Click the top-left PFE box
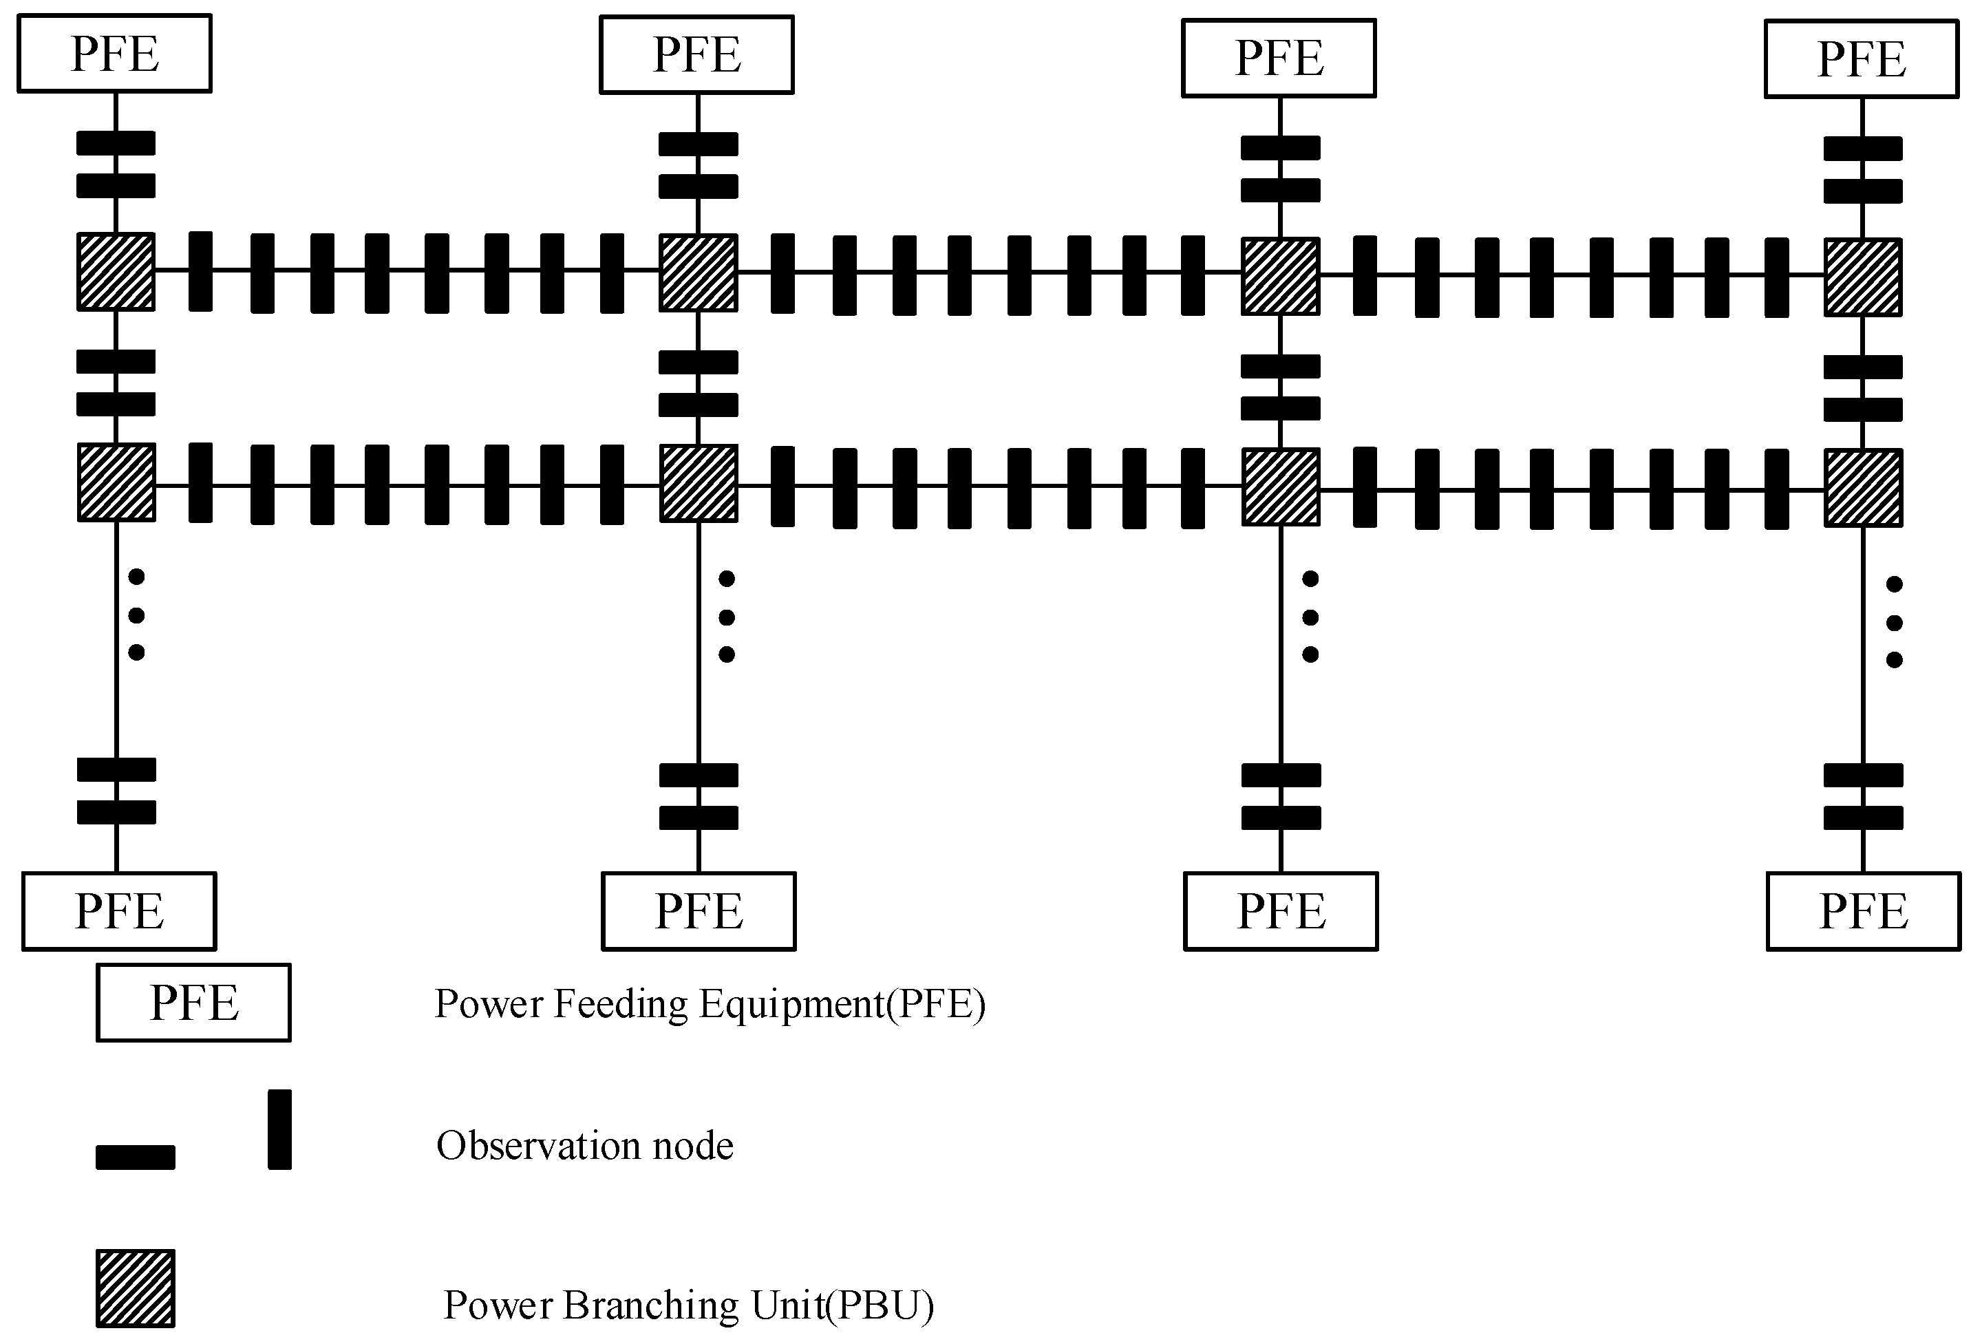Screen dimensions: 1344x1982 tap(114, 53)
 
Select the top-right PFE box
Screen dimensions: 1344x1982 tap(1862, 59)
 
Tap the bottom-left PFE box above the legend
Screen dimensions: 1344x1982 tap(118, 910)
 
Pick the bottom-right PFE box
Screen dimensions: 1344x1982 tap(1864, 910)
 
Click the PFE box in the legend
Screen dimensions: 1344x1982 tap(193, 1002)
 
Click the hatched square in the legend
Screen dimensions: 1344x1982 tap(136, 1288)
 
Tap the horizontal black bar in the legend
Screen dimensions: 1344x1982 tap(136, 1158)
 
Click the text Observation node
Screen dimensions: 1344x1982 tap(584, 1145)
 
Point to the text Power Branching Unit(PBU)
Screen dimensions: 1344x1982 tap(688, 1305)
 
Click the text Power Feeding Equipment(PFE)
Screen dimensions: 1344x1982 tap(710, 1004)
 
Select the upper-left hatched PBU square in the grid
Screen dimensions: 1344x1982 tap(116, 271)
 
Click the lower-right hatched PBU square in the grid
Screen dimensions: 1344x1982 tap(1863, 488)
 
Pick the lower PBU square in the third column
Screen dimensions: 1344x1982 tap(1280, 486)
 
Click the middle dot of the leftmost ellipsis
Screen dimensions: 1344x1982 tap(136, 615)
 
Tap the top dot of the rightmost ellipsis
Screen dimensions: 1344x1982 tap(1894, 584)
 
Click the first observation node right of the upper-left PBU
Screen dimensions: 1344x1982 tap(200, 271)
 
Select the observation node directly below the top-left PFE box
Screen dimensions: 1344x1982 tap(116, 143)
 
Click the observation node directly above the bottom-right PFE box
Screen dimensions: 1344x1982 tap(1864, 818)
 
